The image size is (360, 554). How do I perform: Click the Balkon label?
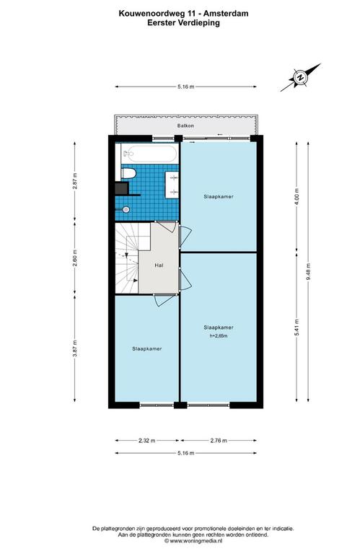[185, 126]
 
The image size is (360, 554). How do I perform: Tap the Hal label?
[159, 265]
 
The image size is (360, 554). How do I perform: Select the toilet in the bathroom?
[128, 173]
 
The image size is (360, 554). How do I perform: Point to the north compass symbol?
[301, 77]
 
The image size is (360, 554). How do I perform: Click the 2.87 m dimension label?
[74, 180]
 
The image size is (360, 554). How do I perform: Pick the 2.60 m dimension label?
[74, 258]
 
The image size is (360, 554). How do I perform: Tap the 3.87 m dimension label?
[74, 348]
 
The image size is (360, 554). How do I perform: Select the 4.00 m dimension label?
[297, 197]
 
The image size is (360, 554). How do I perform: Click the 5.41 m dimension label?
[297, 327]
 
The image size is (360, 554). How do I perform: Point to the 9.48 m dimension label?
[308, 272]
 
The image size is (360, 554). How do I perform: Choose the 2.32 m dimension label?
[146, 440]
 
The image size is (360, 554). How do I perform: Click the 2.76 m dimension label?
[219, 440]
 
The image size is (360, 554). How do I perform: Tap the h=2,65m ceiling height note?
[219, 336]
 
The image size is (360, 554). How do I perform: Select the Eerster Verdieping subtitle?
[184, 23]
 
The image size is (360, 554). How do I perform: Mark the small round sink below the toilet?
[126, 209]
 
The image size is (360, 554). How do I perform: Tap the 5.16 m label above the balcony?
[186, 87]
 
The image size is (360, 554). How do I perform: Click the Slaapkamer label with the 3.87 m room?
[147, 348]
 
